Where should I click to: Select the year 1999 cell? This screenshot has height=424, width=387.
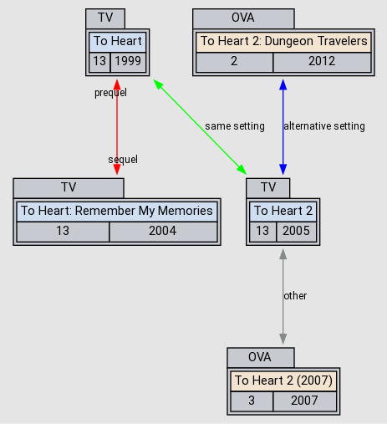(127, 62)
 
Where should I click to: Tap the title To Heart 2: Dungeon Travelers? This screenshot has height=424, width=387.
(283, 41)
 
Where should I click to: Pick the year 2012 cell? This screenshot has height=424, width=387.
(322, 62)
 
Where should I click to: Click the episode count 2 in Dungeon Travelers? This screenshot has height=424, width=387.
(234, 62)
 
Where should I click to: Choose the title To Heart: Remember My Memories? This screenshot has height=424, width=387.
(116, 211)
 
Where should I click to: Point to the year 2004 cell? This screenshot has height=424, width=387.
(162, 232)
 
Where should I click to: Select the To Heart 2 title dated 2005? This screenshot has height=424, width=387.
(283, 211)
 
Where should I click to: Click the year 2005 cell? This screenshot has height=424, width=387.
(296, 232)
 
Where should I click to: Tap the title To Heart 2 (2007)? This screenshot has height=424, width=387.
(283, 381)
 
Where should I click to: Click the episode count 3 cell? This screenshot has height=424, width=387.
(252, 401)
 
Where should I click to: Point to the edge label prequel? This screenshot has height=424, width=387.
(110, 93)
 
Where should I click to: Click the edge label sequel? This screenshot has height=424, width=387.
(123, 159)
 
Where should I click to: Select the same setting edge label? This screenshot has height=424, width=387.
(234, 126)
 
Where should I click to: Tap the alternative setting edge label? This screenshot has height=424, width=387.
(324, 126)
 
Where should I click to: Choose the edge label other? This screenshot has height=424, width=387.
(295, 296)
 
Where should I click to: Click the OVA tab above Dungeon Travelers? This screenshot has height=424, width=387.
(243, 18)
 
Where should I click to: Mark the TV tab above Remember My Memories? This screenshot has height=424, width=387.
(68, 186)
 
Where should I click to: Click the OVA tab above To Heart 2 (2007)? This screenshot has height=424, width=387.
(260, 357)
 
